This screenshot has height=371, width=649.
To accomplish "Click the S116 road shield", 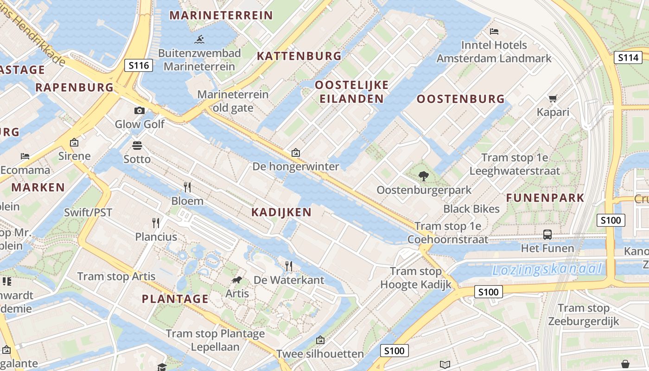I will (x=139, y=65).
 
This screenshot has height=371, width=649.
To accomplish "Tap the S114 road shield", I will (x=628, y=58).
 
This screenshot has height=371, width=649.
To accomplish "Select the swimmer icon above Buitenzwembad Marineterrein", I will (x=200, y=39).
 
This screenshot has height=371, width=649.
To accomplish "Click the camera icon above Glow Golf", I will (x=139, y=110).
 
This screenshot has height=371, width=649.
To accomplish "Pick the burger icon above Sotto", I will (x=137, y=146).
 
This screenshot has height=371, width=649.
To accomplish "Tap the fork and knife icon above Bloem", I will (x=187, y=187).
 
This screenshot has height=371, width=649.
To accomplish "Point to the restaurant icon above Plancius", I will (x=156, y=223).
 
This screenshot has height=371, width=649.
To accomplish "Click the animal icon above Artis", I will (x=237, y=280).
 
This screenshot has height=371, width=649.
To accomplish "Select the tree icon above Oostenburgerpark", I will (x=423, y=176).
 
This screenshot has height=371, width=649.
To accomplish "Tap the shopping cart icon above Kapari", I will (x=553, y=98).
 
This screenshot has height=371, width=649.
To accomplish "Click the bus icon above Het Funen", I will (x=547, y=234).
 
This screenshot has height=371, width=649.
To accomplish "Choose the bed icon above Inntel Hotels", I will (x=494, y=32).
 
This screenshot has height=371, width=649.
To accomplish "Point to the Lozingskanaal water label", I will (x=547, y=269).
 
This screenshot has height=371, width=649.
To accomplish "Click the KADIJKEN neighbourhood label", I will (x=281, y=212).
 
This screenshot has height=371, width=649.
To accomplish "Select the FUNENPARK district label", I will (x=545, y=198).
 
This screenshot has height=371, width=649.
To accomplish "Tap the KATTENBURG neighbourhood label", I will (x=299, y=56).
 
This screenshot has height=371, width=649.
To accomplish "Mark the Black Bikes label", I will (x=471, y=209).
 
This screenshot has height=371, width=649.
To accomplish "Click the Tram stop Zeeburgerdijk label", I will (x=583, y=314).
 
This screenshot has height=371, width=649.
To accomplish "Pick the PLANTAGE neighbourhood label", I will (x=175, y=299).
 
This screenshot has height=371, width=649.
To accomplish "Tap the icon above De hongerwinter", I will (x=296, y=153).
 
